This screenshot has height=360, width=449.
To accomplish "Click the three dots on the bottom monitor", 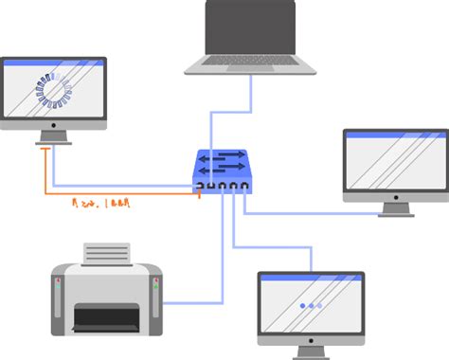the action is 310,306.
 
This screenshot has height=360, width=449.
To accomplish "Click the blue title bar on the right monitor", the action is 394,135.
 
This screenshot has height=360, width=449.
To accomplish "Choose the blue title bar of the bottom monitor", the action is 311,277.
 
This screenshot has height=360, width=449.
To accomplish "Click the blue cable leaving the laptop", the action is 251,104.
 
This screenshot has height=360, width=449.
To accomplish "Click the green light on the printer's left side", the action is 60,281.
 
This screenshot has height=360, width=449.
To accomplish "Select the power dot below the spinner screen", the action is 53,123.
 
